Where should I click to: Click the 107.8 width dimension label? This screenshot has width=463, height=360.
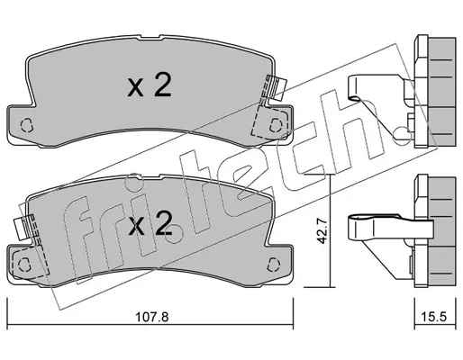152,317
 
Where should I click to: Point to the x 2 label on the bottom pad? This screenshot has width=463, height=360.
150,223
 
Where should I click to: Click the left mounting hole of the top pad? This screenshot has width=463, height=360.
26,124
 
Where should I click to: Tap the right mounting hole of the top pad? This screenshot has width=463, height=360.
275,124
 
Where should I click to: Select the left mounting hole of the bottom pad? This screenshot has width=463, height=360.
23,264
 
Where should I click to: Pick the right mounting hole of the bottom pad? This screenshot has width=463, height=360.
273,264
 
